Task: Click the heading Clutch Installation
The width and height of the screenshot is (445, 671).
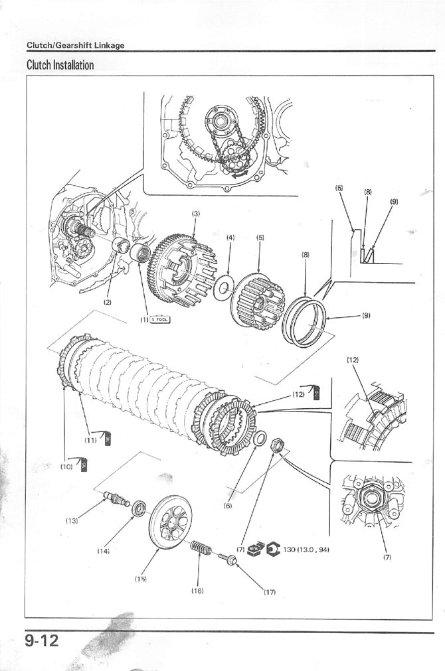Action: point(60,65)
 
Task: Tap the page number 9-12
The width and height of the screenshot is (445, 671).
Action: point(42,640)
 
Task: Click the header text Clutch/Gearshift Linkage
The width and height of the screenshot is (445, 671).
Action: point(75,45)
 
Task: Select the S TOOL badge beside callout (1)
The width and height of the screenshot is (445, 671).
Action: point(160,319)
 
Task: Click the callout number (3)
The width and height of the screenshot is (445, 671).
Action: point(195,214)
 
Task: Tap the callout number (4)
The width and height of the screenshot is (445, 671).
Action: point(230,237)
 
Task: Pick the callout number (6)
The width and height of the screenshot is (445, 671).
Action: point(228,505)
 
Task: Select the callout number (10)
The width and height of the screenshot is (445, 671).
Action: point(66,467)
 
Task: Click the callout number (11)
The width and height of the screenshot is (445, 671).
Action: point(90,439)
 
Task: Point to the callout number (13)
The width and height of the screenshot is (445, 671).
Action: point(72,520)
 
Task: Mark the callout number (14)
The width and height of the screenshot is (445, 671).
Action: point(103,551)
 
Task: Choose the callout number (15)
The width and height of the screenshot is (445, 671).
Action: point(140,579)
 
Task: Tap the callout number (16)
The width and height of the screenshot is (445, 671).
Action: point(197,589)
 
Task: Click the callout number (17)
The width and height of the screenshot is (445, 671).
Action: point(268,592)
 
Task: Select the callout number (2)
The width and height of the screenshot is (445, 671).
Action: point(107,302)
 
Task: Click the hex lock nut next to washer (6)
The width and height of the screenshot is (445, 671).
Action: point(278,447)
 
